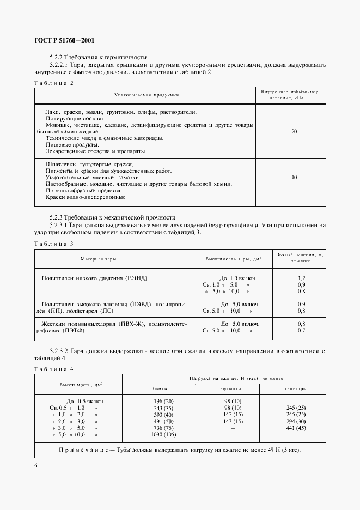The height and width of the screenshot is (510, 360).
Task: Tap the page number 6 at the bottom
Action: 36,465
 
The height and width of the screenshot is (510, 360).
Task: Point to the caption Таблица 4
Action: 53,369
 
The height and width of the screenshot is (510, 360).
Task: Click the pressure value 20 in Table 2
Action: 294,132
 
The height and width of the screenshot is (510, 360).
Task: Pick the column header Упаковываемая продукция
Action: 146,95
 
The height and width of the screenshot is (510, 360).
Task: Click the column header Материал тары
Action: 98,259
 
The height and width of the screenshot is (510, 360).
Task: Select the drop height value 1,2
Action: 301,278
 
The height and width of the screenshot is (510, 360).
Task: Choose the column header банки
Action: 160,388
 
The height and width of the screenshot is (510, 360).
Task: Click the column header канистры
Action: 295,388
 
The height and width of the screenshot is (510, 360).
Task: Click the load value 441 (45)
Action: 295,428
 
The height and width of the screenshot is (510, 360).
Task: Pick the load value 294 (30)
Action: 295,421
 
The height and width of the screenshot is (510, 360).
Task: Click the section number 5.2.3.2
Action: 60,350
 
